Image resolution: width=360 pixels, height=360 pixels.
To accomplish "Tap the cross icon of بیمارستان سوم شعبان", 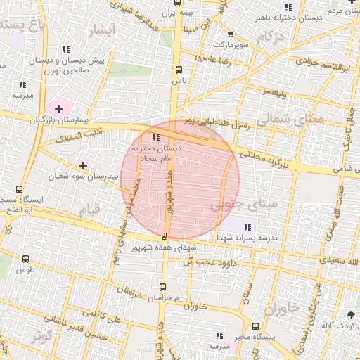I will click(84, 165).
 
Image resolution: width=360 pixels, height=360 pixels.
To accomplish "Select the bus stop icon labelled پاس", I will click(179, 70).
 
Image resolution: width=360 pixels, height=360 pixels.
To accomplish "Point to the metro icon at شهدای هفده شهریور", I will click(164, 236).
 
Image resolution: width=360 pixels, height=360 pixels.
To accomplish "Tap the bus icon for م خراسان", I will click(162, 286).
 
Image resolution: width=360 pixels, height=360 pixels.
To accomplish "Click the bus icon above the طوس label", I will click(26, 259).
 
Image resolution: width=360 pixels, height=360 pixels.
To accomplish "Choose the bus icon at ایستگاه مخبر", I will click(255, 326).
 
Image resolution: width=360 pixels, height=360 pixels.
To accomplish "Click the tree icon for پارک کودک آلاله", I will click(351, 314).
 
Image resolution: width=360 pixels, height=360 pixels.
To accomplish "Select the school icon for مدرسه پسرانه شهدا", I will click(247, 226).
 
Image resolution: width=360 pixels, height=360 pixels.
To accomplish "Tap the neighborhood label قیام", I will click(89, 210).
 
